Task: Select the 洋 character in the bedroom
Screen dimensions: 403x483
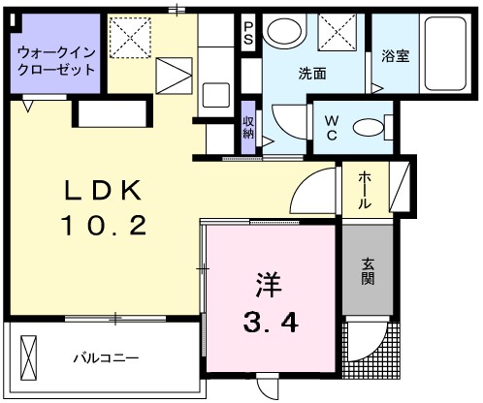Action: pos(269,285)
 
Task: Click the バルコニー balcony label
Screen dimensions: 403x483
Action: pos(107,358)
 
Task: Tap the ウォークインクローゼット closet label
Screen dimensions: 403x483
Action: pos(54,61)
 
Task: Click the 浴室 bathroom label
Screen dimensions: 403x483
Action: pos(395,55)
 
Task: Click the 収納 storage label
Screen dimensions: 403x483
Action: pos(248,126)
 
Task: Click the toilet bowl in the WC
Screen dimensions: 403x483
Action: pos(366,127)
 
